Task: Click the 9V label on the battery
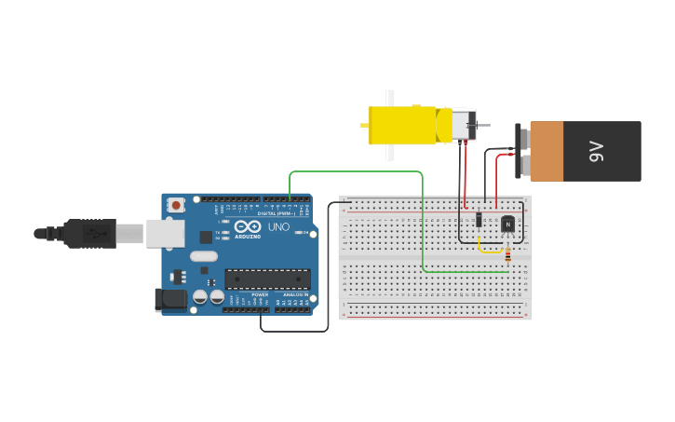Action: coord(597,151)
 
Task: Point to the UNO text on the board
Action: coord(279,226)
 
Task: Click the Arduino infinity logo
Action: coord(249,226)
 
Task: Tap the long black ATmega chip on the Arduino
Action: coord(267,279)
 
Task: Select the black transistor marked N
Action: coord(507,224)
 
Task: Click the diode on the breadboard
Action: coord(479,220)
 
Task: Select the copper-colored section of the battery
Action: coord(547,151)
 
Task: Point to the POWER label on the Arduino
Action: coord(260,294)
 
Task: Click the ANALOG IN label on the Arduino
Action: coord(297,294)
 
